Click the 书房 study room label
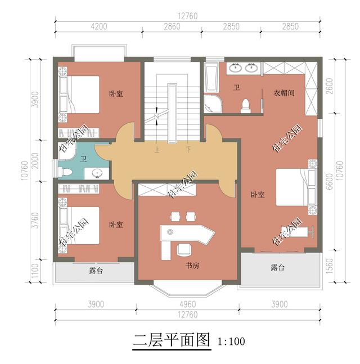192,266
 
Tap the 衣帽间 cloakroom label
284,93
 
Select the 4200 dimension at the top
99,26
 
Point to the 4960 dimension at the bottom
188,304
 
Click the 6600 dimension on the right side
330,182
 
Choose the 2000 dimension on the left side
35,161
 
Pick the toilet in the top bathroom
246,106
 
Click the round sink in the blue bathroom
97,173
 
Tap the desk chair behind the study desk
184,250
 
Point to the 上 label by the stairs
157,150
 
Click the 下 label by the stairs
188,149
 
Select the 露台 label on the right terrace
277,267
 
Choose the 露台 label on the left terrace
96,271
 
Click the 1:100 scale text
231,341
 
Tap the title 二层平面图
172,340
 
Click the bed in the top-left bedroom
79,95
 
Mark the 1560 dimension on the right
330,266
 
